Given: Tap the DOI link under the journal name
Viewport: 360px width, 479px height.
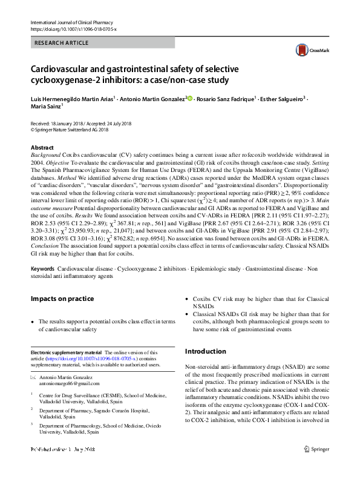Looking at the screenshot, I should click(73, 29).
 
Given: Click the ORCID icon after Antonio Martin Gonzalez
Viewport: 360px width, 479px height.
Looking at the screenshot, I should click(189, 98).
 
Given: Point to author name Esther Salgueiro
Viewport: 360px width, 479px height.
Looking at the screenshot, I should click(282, 98).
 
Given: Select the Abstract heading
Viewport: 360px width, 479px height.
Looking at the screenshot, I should click(42, 148).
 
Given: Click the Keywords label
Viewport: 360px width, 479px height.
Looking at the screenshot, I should click(43, 267).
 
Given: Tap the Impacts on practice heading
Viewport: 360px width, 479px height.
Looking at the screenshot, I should click(62, 299).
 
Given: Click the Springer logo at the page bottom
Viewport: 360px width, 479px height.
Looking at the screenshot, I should click(316, 465).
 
